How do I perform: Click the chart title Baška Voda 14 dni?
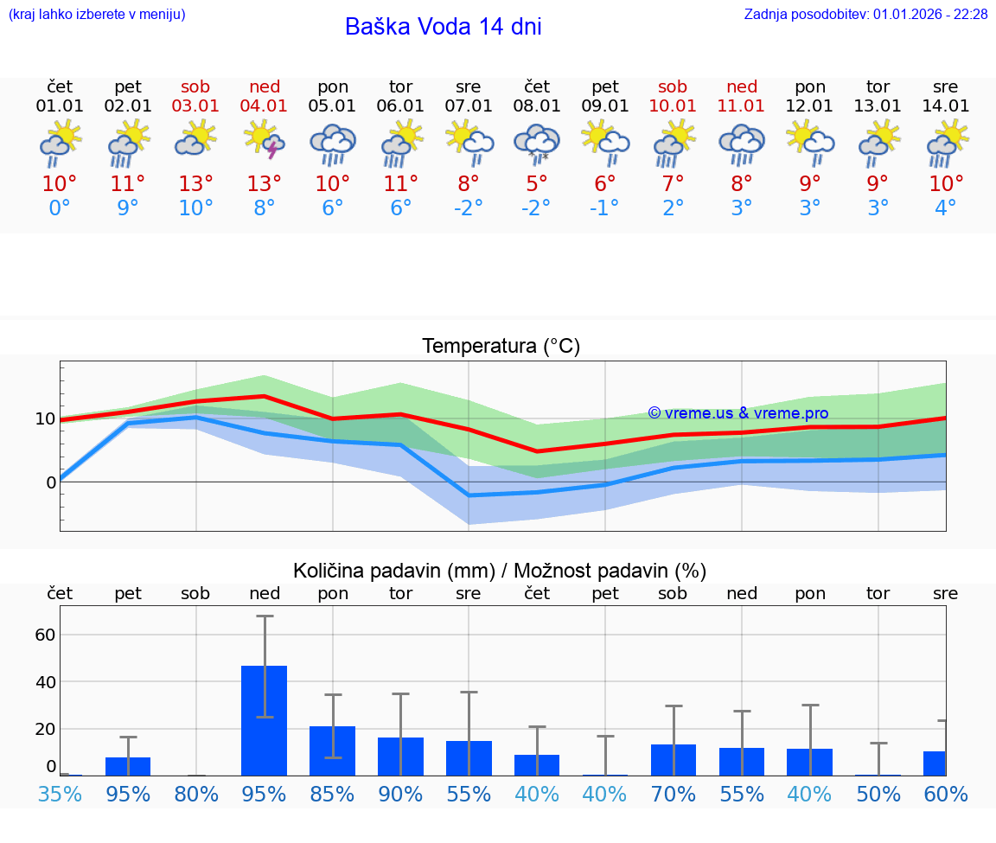(x=443, y=27)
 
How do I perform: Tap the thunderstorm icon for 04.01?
(x=265, y=140)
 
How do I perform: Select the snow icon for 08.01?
(x=537, y=143)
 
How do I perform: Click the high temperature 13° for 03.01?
(x=196, y=184)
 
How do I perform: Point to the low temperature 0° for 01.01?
(x=60, y=208)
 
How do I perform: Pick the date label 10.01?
(x=673, y=106)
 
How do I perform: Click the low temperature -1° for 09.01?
(x=605, y=208)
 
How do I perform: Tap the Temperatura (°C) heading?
(x=501, y=347)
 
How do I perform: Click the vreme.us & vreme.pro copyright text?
(x=737, y=413)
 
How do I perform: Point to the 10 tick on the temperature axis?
(x=45, y=419)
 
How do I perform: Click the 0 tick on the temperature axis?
(x=50, y=482)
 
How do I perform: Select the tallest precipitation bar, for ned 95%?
(x=265, y=720)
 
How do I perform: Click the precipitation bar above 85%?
(x=333, y=750)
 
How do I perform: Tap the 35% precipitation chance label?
(x=60, y=794)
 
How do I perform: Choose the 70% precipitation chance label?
(x=673, y=794)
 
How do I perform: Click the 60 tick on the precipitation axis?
(x=45, y=635)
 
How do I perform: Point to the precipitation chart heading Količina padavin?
(x=500, y=571)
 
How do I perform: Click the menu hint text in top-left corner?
(x=97, y=14)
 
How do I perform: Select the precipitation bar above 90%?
(x=400, y=757)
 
